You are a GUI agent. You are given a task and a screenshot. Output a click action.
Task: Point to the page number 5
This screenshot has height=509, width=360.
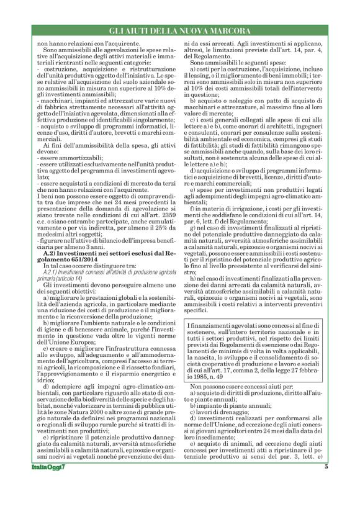point(326,484)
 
